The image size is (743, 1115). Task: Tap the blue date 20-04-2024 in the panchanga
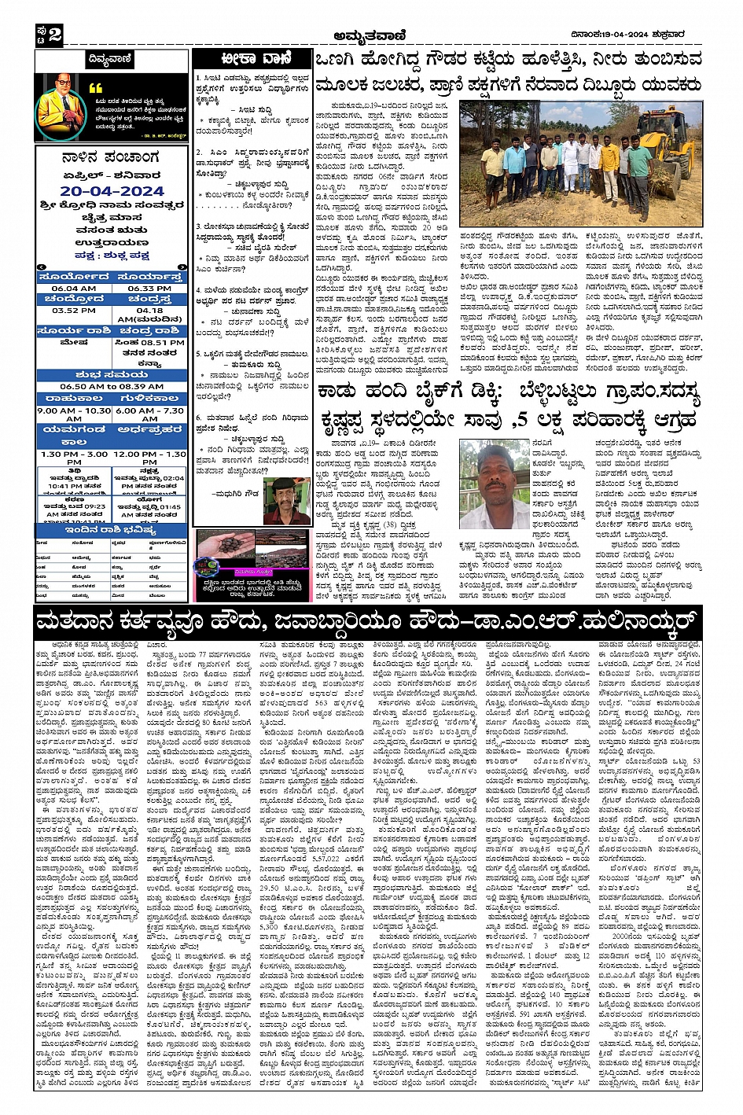[x=112, y=191]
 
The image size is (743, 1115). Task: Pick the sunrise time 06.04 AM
[x=74, y=289]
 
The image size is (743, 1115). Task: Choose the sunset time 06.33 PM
[x=149, y=289]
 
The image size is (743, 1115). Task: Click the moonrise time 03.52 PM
[x=74, y=311]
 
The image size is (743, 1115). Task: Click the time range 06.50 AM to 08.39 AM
[x=112, y=386]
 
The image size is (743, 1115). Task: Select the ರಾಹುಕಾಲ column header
[x=74, y=399]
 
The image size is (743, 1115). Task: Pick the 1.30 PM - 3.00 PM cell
[x=74, y=458]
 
